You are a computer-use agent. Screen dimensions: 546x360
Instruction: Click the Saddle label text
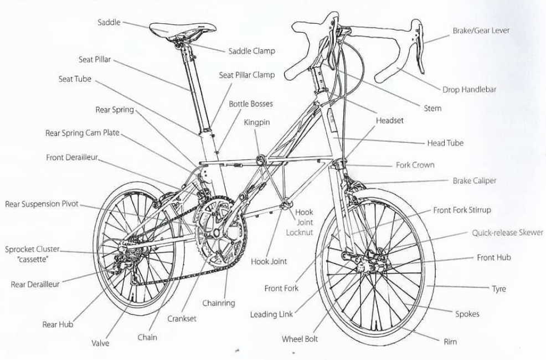[109, 22]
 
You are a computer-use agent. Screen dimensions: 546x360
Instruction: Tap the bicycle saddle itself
[183, 29]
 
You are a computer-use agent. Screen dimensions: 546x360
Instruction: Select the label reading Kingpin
[256, 122]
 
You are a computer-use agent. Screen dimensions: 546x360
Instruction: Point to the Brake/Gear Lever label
[481, 30]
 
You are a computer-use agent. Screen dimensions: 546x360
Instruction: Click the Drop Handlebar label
[469, 90]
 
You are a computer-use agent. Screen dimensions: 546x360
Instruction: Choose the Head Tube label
[445, 143]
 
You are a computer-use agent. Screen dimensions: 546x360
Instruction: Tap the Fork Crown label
[415, 165]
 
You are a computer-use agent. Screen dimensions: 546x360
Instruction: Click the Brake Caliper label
[474, 181]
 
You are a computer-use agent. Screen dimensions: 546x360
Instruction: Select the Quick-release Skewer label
[507, 233]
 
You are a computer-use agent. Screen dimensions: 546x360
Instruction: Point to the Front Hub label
[494, 258]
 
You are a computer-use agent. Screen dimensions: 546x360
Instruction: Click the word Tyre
[498, 289]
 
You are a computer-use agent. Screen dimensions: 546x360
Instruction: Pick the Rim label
[450, 342]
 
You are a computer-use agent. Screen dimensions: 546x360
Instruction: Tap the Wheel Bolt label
[300, 339]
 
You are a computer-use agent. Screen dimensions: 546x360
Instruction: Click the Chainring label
[219, 304]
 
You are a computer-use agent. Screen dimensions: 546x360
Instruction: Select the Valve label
[100, 343]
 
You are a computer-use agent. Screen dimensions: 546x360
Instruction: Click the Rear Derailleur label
[35, 285]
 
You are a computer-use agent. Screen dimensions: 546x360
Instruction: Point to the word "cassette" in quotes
[32, 259]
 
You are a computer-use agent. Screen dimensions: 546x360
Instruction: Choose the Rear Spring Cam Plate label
[82, 133]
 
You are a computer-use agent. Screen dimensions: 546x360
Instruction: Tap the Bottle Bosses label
[251, 104]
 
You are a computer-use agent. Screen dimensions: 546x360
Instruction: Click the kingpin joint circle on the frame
[261, 160]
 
